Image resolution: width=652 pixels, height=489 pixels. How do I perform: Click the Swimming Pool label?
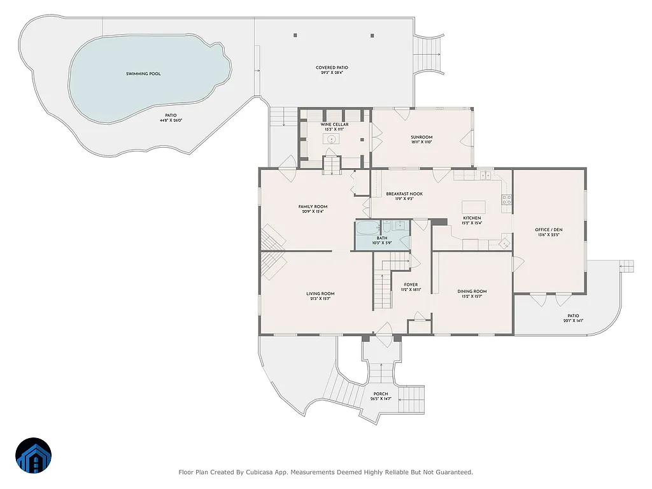(x=143, y=74)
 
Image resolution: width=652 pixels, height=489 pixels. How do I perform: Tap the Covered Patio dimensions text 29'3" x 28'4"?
(x=332, y=73)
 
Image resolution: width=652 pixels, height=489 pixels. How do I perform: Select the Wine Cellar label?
(x=334, y=125)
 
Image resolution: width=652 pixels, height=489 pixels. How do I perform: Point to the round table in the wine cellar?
(x=332, y=137)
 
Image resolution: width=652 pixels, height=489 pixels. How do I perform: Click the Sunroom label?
(x=422, y=137)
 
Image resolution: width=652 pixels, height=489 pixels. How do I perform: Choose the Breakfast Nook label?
(x=404, y=194)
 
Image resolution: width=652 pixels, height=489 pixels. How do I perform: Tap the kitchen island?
(x=473, y=207)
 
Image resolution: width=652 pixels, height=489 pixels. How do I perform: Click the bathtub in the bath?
(x=367, y=228)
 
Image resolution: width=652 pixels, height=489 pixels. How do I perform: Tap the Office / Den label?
(x=548, y=229)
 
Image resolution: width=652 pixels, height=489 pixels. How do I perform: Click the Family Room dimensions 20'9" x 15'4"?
(x=313, y=212)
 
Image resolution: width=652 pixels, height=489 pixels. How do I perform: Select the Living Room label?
(x=320, y=294)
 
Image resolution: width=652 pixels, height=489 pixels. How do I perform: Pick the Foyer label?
(x=411, y=285)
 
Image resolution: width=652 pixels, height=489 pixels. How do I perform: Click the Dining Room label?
(x=472, y=291)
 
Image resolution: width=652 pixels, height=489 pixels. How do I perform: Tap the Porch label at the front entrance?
(x=381, y=393)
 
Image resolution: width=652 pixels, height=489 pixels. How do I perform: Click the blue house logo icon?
(x=34, y=455)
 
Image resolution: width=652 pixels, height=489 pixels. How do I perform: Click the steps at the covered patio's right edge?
(x=427, y=54)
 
